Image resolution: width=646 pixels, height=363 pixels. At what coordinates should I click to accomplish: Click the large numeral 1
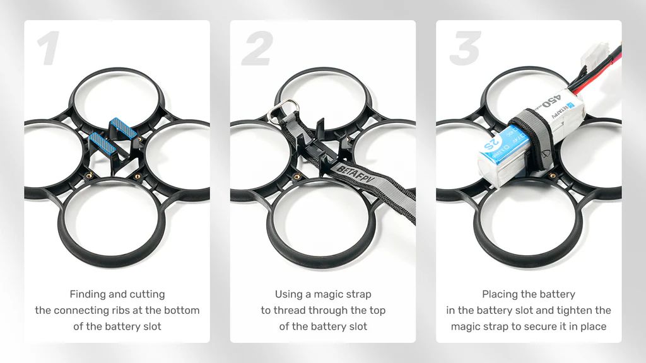[x=49, y=49]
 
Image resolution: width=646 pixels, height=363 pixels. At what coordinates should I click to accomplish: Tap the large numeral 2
[x=257, y=49]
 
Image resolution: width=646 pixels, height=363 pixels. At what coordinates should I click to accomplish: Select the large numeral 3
[x=465, y=49]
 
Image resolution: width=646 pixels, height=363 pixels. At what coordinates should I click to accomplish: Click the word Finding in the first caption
[x=86, y=294]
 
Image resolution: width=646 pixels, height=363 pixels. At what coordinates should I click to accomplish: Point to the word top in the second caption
[x=377, y=311]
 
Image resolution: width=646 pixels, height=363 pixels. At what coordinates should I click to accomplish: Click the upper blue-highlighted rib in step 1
[x=122, y=128]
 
